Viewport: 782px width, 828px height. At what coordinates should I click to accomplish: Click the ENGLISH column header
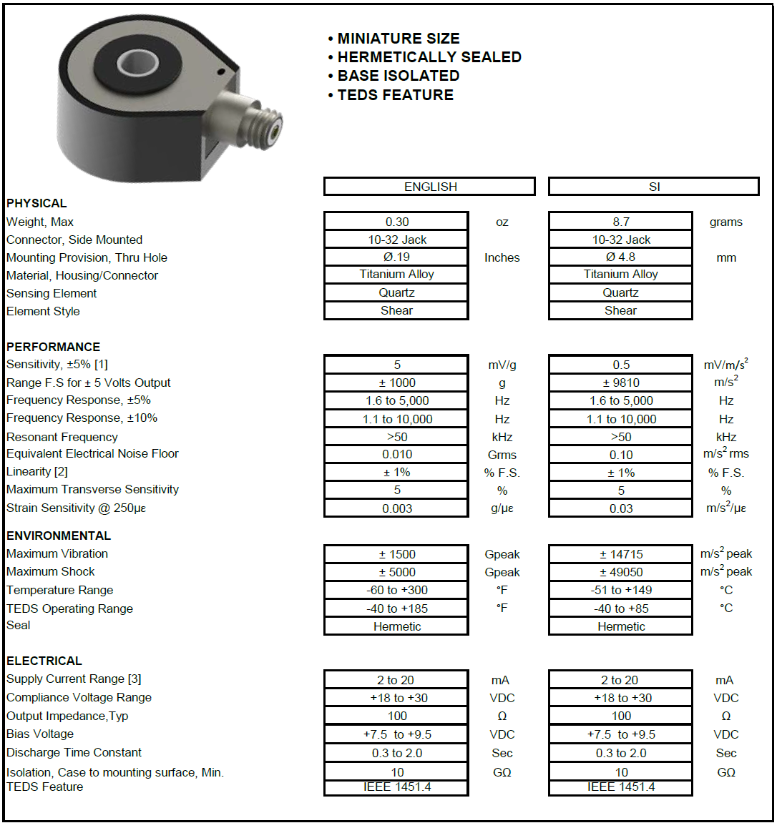(x=429, y=187)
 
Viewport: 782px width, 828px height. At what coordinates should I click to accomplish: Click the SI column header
(x=653, y=187)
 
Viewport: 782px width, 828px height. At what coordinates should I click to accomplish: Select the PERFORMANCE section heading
(x=53, y=347)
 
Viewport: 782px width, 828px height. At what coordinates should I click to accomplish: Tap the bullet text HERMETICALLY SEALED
(x=429, y=57)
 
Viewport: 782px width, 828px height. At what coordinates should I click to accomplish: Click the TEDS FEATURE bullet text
(x=395, y=95)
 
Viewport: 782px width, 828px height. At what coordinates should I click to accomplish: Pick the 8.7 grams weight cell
(x=620, y=222)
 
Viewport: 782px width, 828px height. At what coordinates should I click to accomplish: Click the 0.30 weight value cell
(x=396, y=222)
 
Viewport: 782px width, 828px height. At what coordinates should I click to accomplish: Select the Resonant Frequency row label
(x=62, y=437)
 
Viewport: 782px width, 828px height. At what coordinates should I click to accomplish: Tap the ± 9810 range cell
(x=620, y=383)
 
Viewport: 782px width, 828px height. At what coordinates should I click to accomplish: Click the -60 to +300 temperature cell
(x=396, y=590)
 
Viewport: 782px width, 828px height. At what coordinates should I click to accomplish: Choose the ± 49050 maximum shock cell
(x=620, y=572)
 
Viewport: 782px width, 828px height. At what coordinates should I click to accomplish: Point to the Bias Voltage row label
(x=40, y=734)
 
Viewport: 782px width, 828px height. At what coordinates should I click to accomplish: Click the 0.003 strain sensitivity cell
(x=396, y=508)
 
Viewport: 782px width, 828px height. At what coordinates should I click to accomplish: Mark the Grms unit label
(x=502, y=455)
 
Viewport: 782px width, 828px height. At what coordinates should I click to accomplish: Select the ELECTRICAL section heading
(x=44, y=661)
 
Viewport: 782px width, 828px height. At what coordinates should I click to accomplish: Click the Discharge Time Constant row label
(x=74, y=752)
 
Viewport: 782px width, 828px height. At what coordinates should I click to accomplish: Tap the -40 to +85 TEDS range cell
(x=620, y=608)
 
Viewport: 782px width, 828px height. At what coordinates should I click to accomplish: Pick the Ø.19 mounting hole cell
(x=396, y=257)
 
